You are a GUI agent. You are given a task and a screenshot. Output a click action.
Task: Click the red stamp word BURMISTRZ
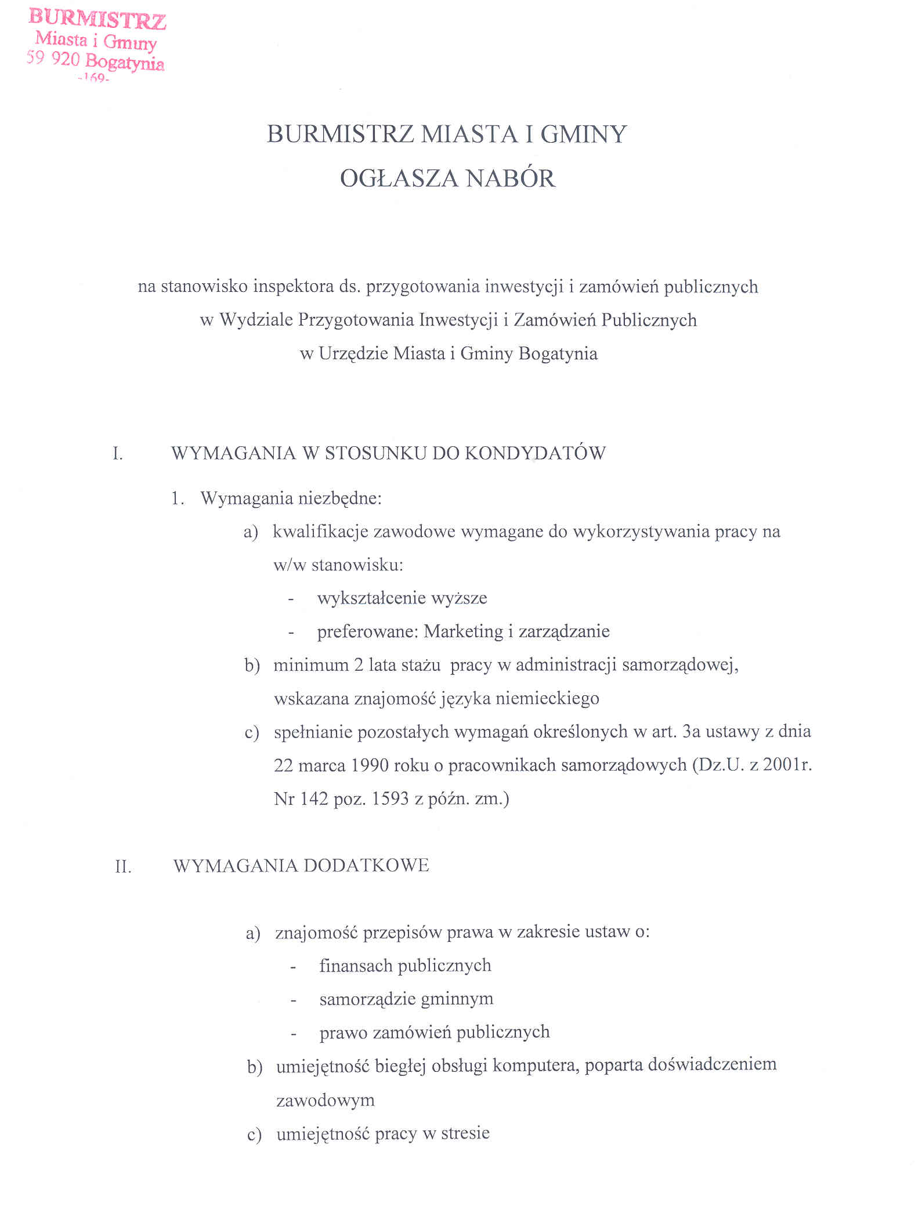click(x=97, y=20)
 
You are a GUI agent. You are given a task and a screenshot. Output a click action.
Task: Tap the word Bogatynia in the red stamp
click(x=125, y=62)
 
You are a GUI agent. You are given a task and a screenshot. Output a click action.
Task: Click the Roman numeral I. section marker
click(x=118, y=453)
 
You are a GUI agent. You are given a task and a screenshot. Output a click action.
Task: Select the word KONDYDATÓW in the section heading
click(x=535, y=453)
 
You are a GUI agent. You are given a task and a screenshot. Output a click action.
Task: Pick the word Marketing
click(x=463, y=631)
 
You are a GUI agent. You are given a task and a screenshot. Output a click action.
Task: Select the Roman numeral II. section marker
click(x=123, y=866)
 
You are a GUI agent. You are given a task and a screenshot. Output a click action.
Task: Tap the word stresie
click(x=465, y=1133)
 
